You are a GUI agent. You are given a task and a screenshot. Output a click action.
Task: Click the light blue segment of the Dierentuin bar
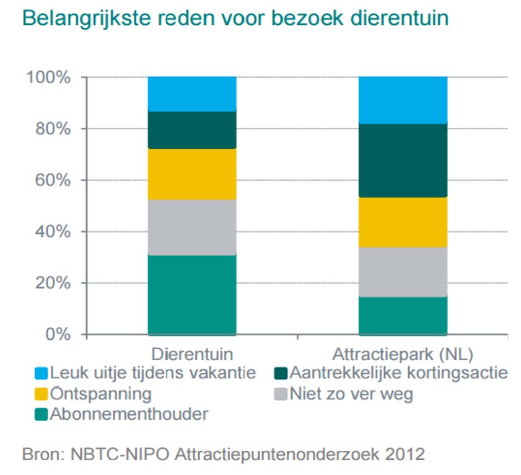click(192, 94)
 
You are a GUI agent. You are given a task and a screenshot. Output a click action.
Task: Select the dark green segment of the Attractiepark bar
click(403, 160)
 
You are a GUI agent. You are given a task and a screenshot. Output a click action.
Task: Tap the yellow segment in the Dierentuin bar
click(192, 174)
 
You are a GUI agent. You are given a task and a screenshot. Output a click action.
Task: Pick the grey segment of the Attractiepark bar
click(403, 272)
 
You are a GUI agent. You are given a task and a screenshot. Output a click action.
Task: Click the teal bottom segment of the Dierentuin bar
click(192, 295)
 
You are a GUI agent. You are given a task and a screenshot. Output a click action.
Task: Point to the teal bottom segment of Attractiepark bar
click(403, 316)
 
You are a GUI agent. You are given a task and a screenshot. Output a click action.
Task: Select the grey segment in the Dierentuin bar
click(192, 227)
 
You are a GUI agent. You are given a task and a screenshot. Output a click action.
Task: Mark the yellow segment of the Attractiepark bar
click(403, 222)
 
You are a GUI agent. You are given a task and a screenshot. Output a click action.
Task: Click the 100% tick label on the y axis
click(49, 78)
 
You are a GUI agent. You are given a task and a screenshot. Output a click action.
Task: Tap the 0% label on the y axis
click(58, 335)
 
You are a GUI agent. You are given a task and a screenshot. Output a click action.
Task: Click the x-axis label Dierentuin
click(192, 355)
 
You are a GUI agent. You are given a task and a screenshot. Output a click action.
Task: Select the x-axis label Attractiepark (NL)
click(403, 355)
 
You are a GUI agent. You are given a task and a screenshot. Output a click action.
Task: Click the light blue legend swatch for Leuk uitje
click(41, 373)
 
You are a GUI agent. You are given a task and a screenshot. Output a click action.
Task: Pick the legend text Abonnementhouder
click(129, 414)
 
